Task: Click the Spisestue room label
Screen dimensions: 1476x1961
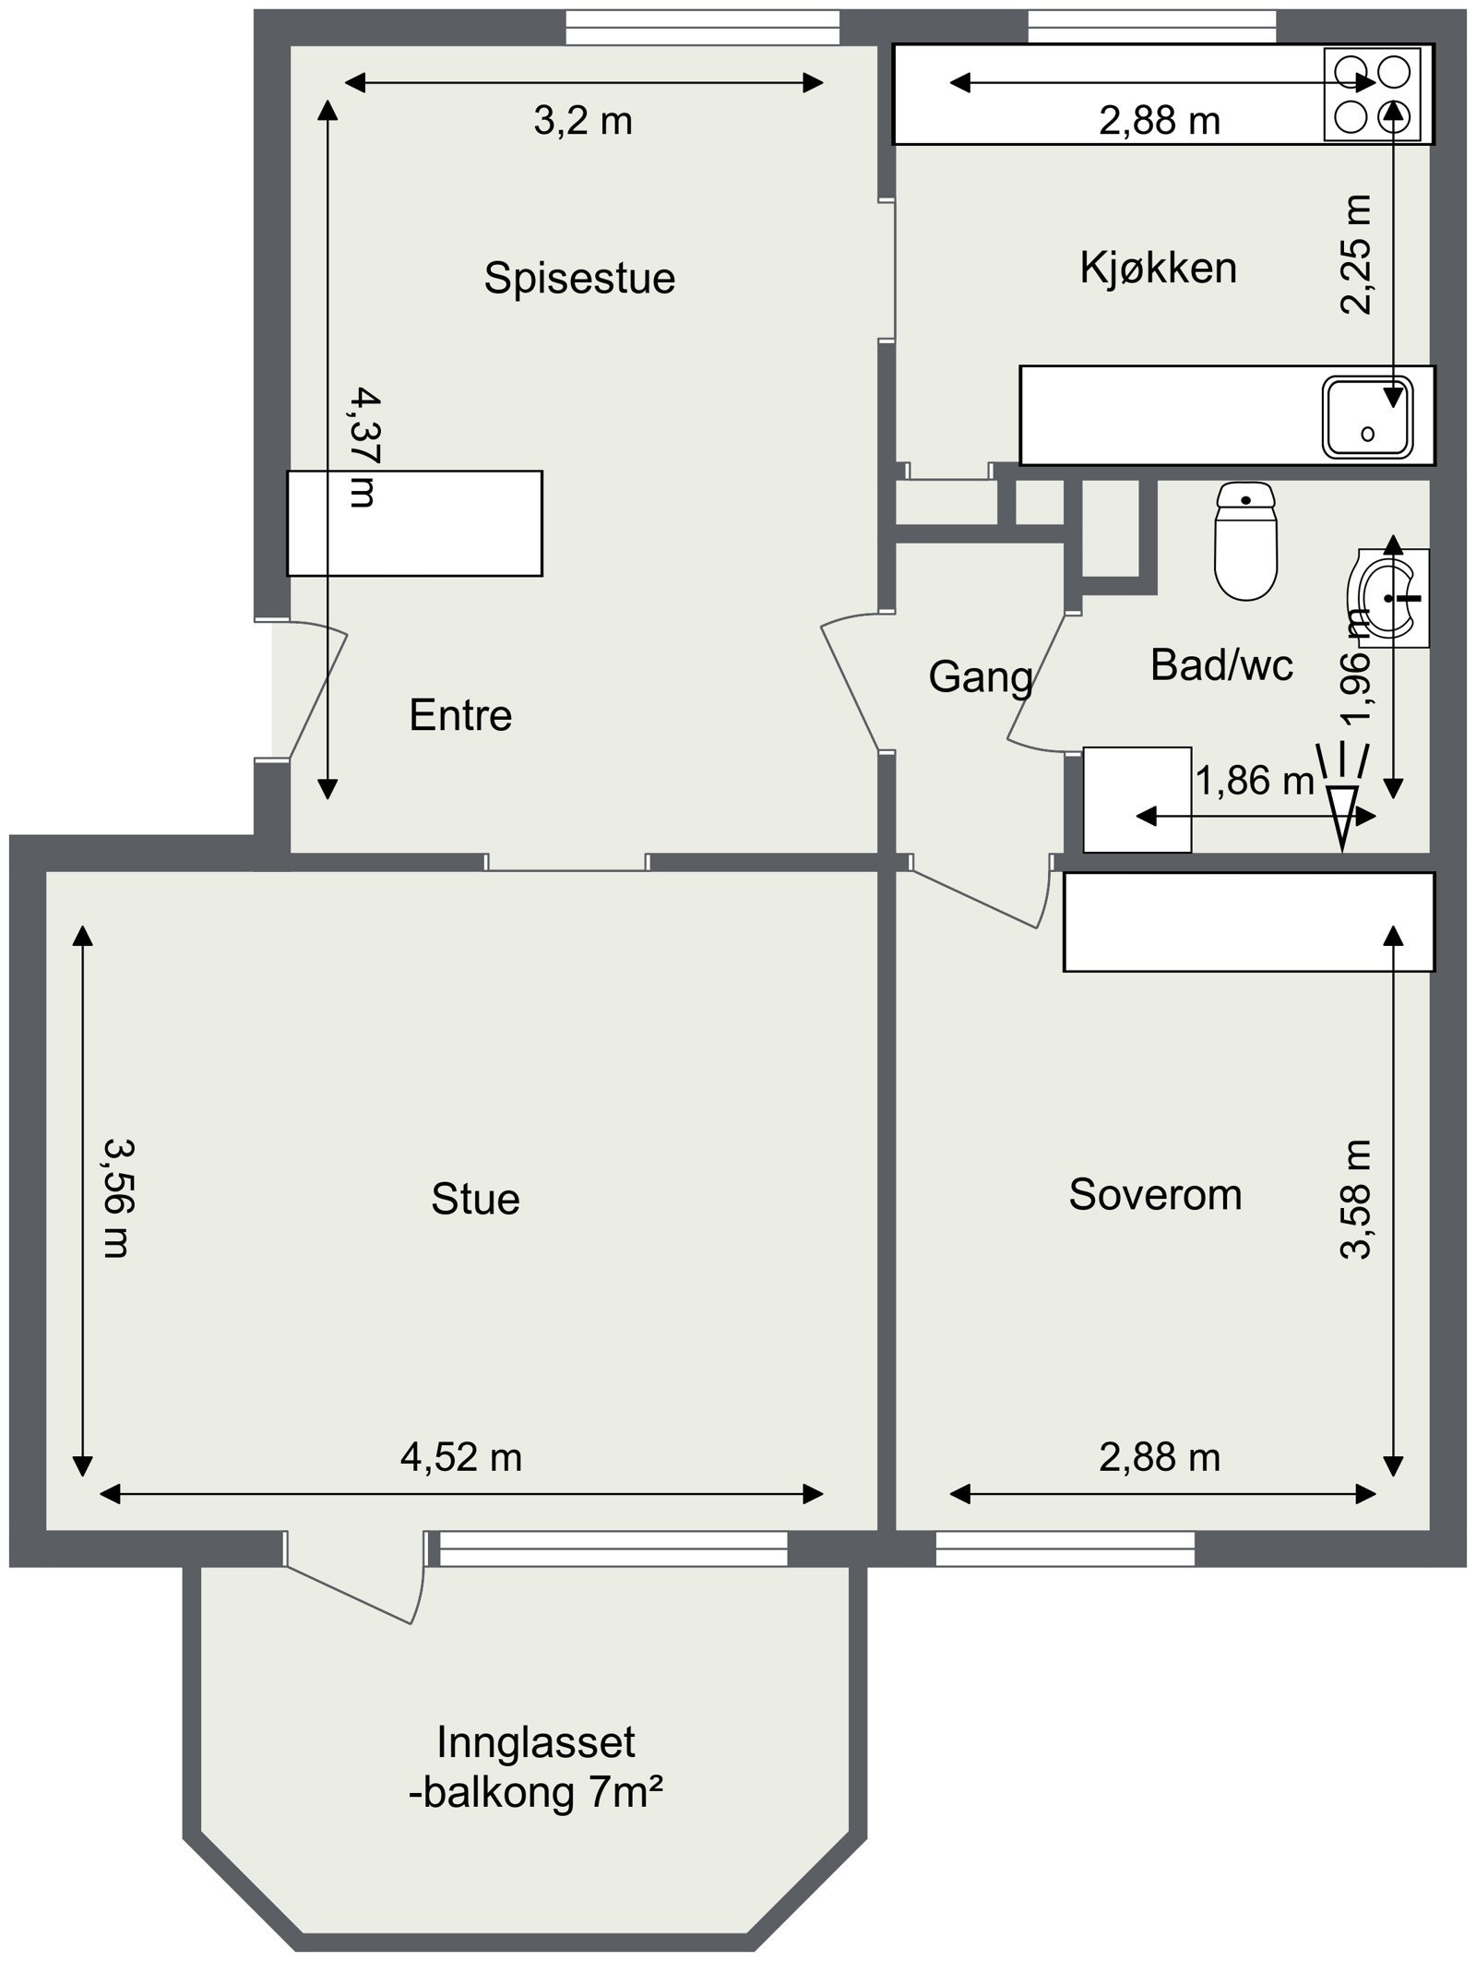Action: point(579,279)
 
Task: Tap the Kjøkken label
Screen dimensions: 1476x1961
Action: point(1158,268)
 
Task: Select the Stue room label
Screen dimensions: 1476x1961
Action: point(475,1199)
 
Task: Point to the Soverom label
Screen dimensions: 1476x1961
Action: point(1155,1194)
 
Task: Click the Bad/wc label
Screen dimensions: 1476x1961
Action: point(1221,664)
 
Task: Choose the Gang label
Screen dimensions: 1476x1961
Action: point(981,677)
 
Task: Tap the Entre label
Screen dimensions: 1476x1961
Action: point(460,715)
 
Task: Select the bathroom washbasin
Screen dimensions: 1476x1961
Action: point(1393,598)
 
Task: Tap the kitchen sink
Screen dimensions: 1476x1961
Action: point(1368,416)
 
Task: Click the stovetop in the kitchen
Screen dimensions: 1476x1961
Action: point(1373,95)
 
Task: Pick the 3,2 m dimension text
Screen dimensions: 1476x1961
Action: point(583,121)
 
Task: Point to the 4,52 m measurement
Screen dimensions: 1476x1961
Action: point(461,1457)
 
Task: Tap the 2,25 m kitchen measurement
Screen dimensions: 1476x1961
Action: point(1356,255)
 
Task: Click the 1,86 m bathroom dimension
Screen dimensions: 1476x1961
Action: point(1255,782)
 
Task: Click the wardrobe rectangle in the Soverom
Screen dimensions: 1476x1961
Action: point(1249,922)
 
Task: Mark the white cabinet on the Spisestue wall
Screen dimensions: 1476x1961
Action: point(414,523)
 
